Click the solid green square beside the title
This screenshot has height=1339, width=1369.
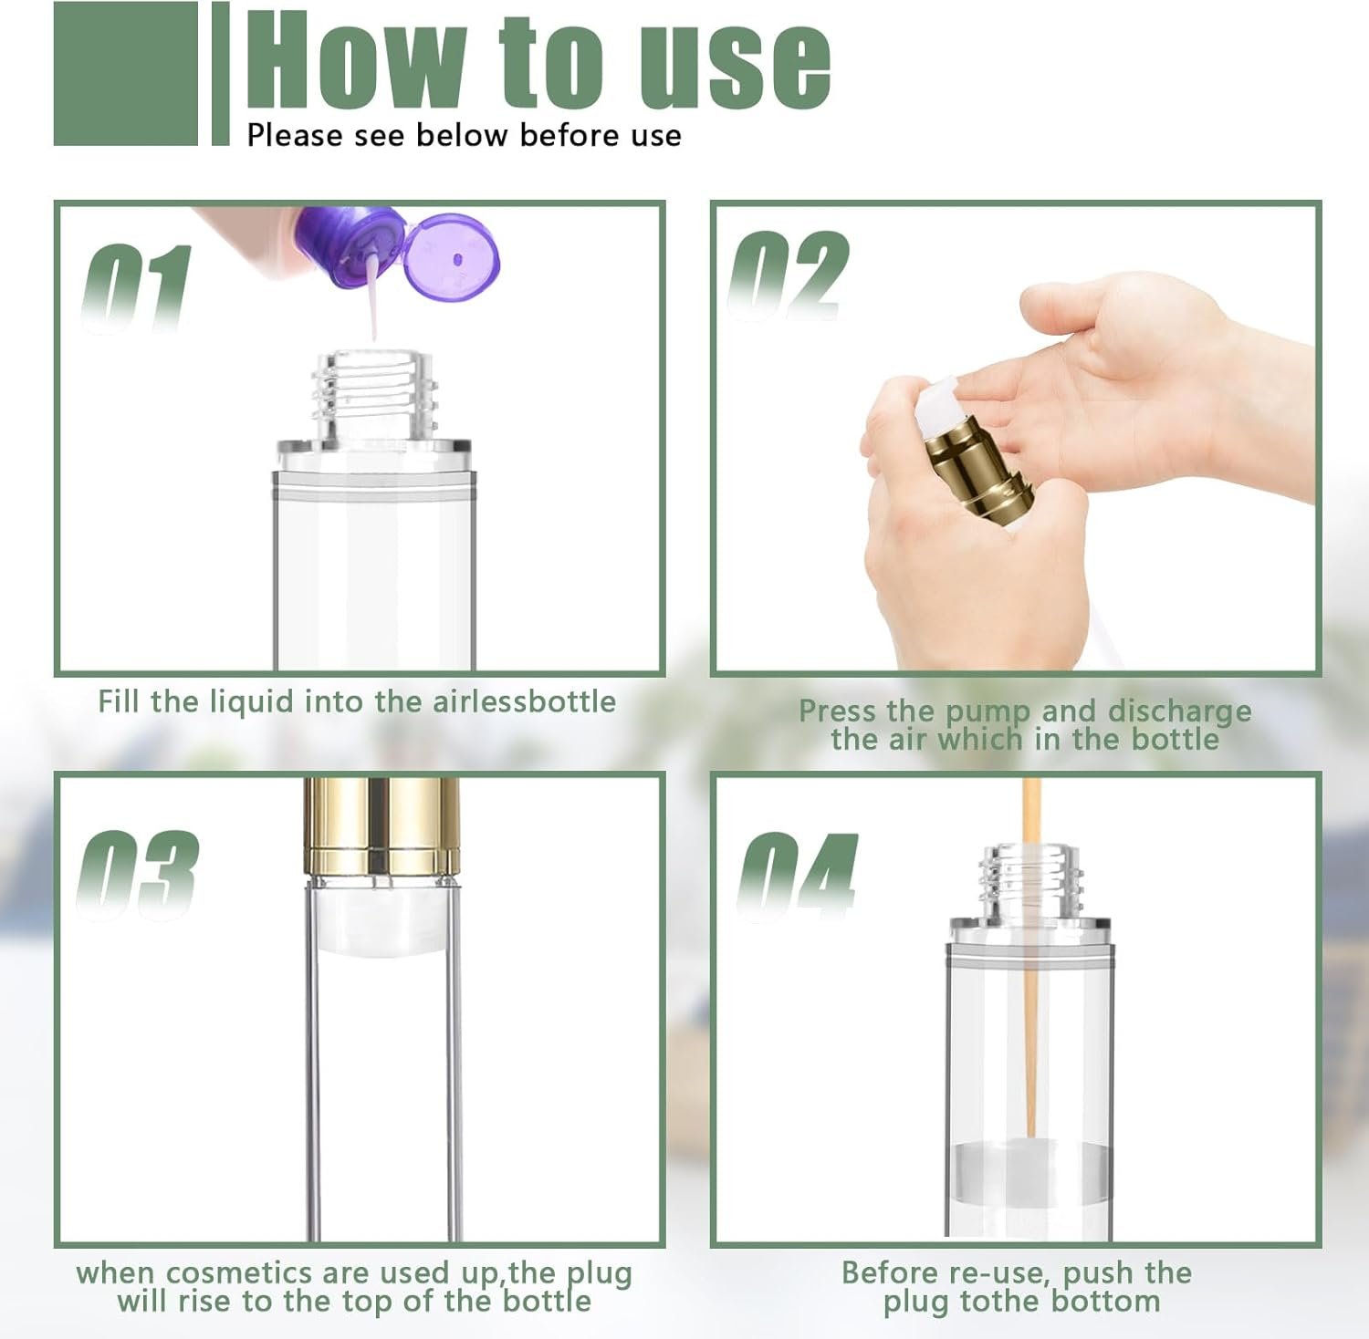coord(126,74)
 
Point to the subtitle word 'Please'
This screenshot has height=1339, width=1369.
coord(296,136)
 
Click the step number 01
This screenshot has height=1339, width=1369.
coord(137,288)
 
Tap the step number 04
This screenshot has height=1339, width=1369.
coord(797,875)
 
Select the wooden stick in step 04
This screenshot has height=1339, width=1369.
coord(1030,957)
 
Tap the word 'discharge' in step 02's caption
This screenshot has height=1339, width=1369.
coord(1179,711)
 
